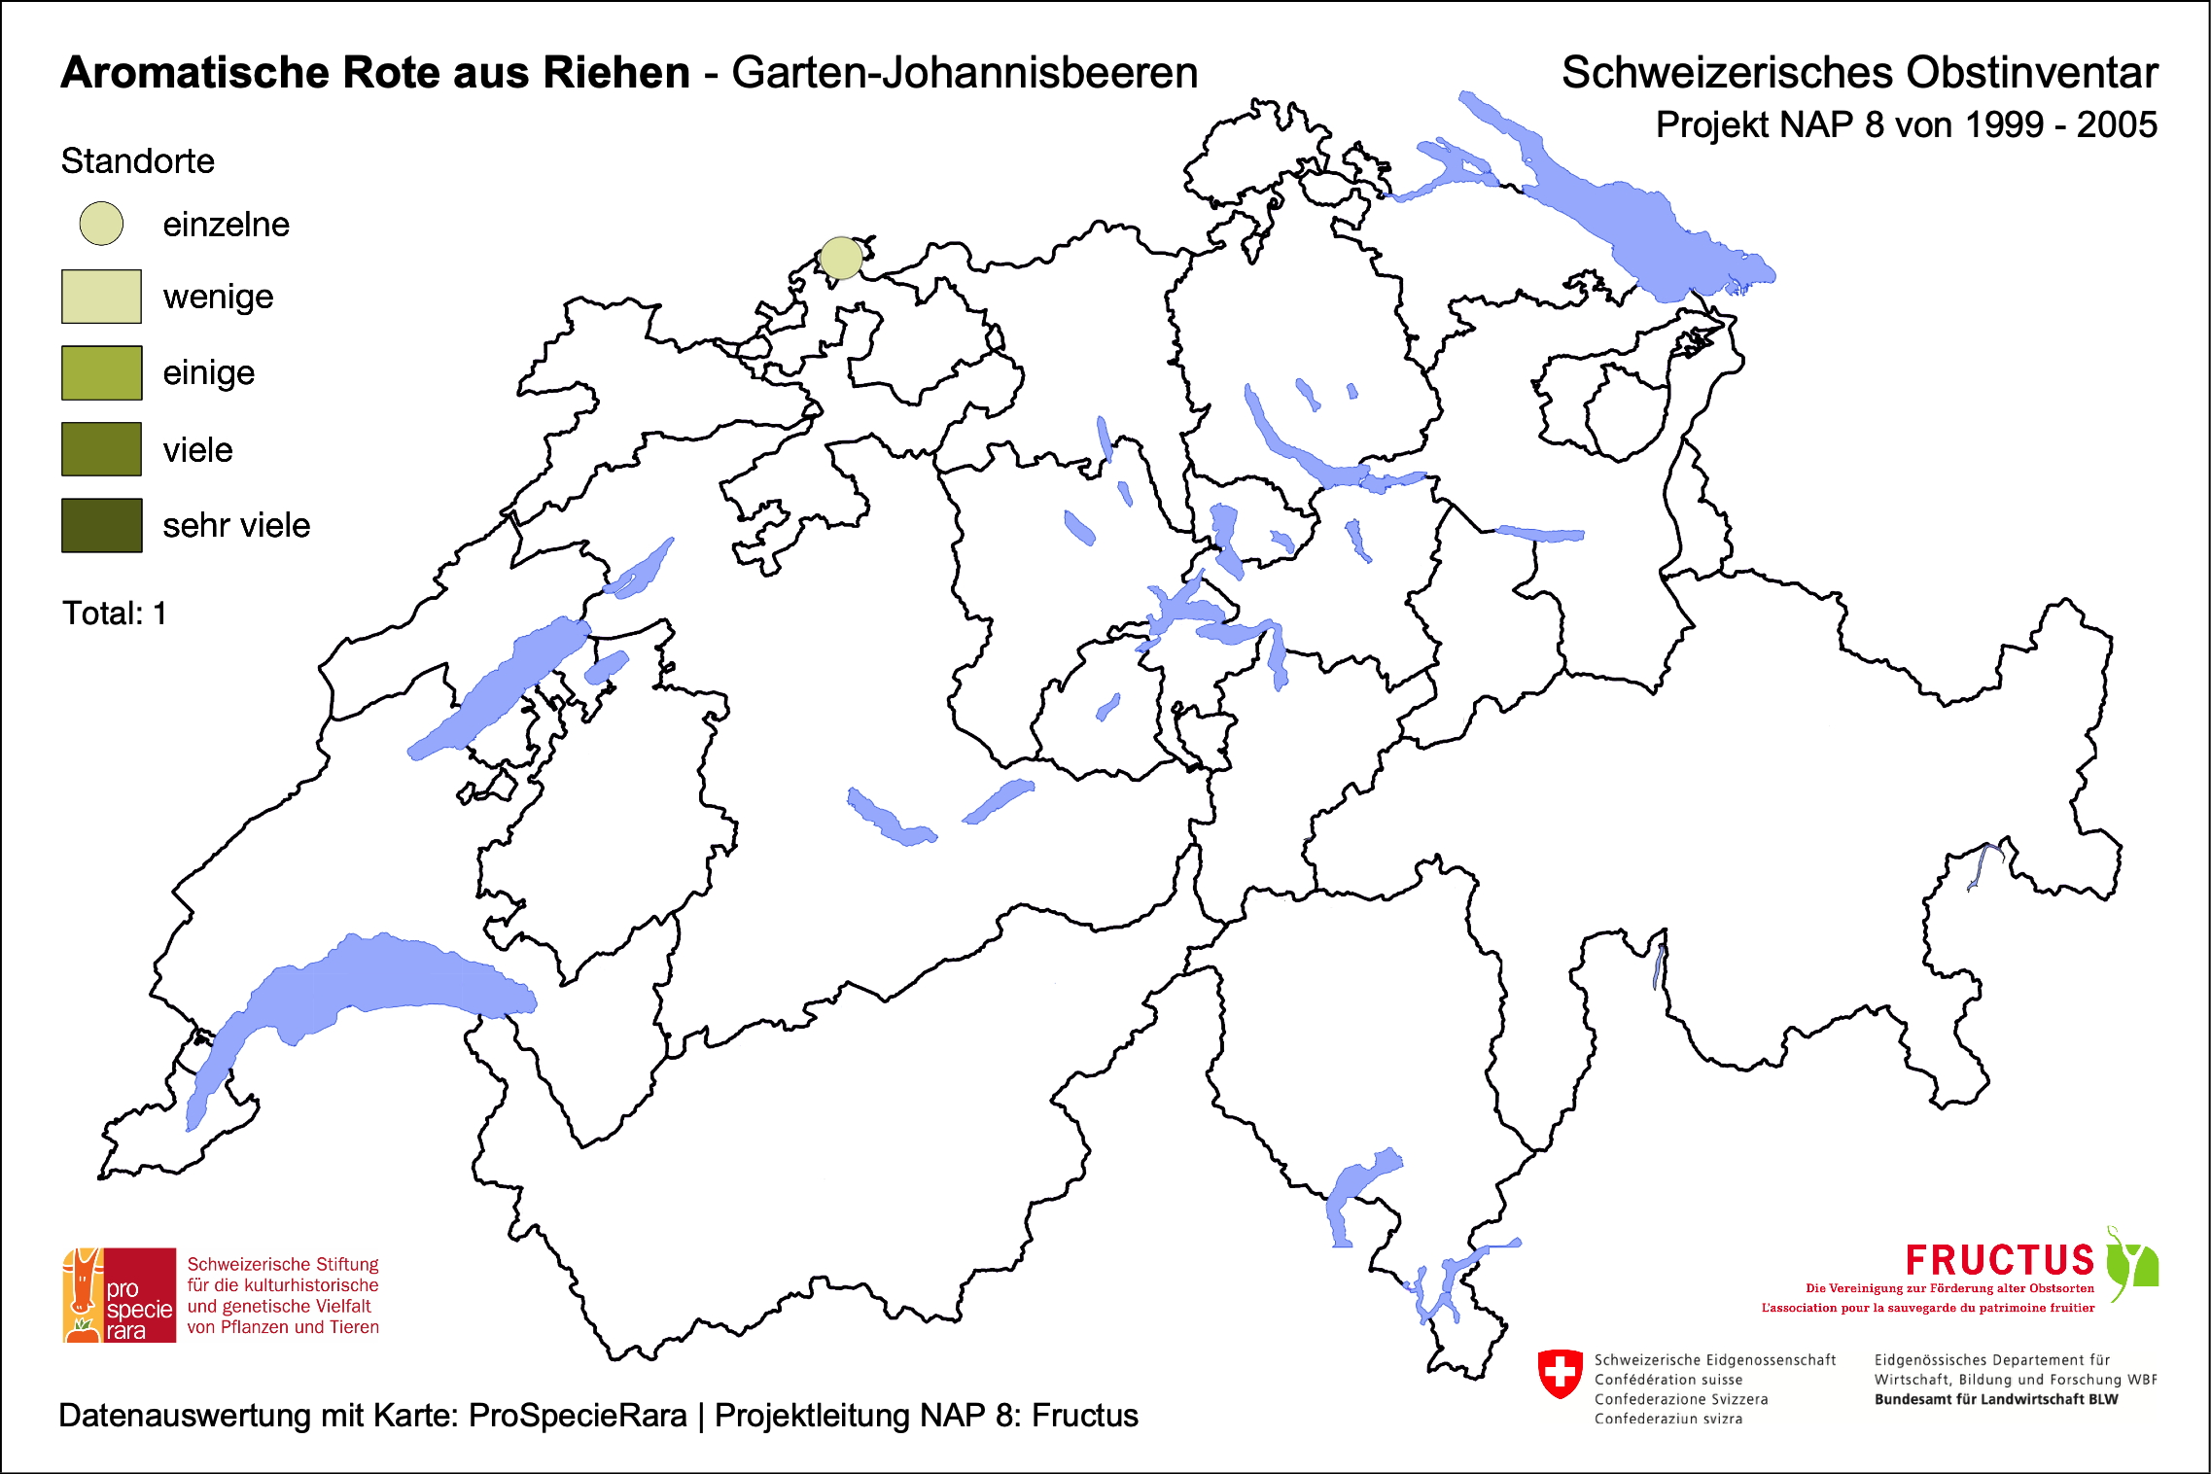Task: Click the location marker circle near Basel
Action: click(841, 258)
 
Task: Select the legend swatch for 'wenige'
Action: click(101, 297)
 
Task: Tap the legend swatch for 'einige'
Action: click(101, 372)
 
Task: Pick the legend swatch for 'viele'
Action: click(101, 449)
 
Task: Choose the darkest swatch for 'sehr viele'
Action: click(101, 525)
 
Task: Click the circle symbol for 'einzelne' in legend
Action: click(101, 224)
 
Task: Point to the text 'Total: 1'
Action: click(115, 614)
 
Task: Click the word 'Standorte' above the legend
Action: click(137, 161)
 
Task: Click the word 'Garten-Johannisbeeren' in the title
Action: click(965, 73)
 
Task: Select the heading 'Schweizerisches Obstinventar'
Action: click(1859, 73)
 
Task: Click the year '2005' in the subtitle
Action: click(2117, 125)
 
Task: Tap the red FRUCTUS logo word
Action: click(1999, 1260)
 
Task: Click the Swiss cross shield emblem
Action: click(1561, 1373)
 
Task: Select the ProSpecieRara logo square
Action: click(120, 1295)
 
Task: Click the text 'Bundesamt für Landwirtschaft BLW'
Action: click(1995, 1399)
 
